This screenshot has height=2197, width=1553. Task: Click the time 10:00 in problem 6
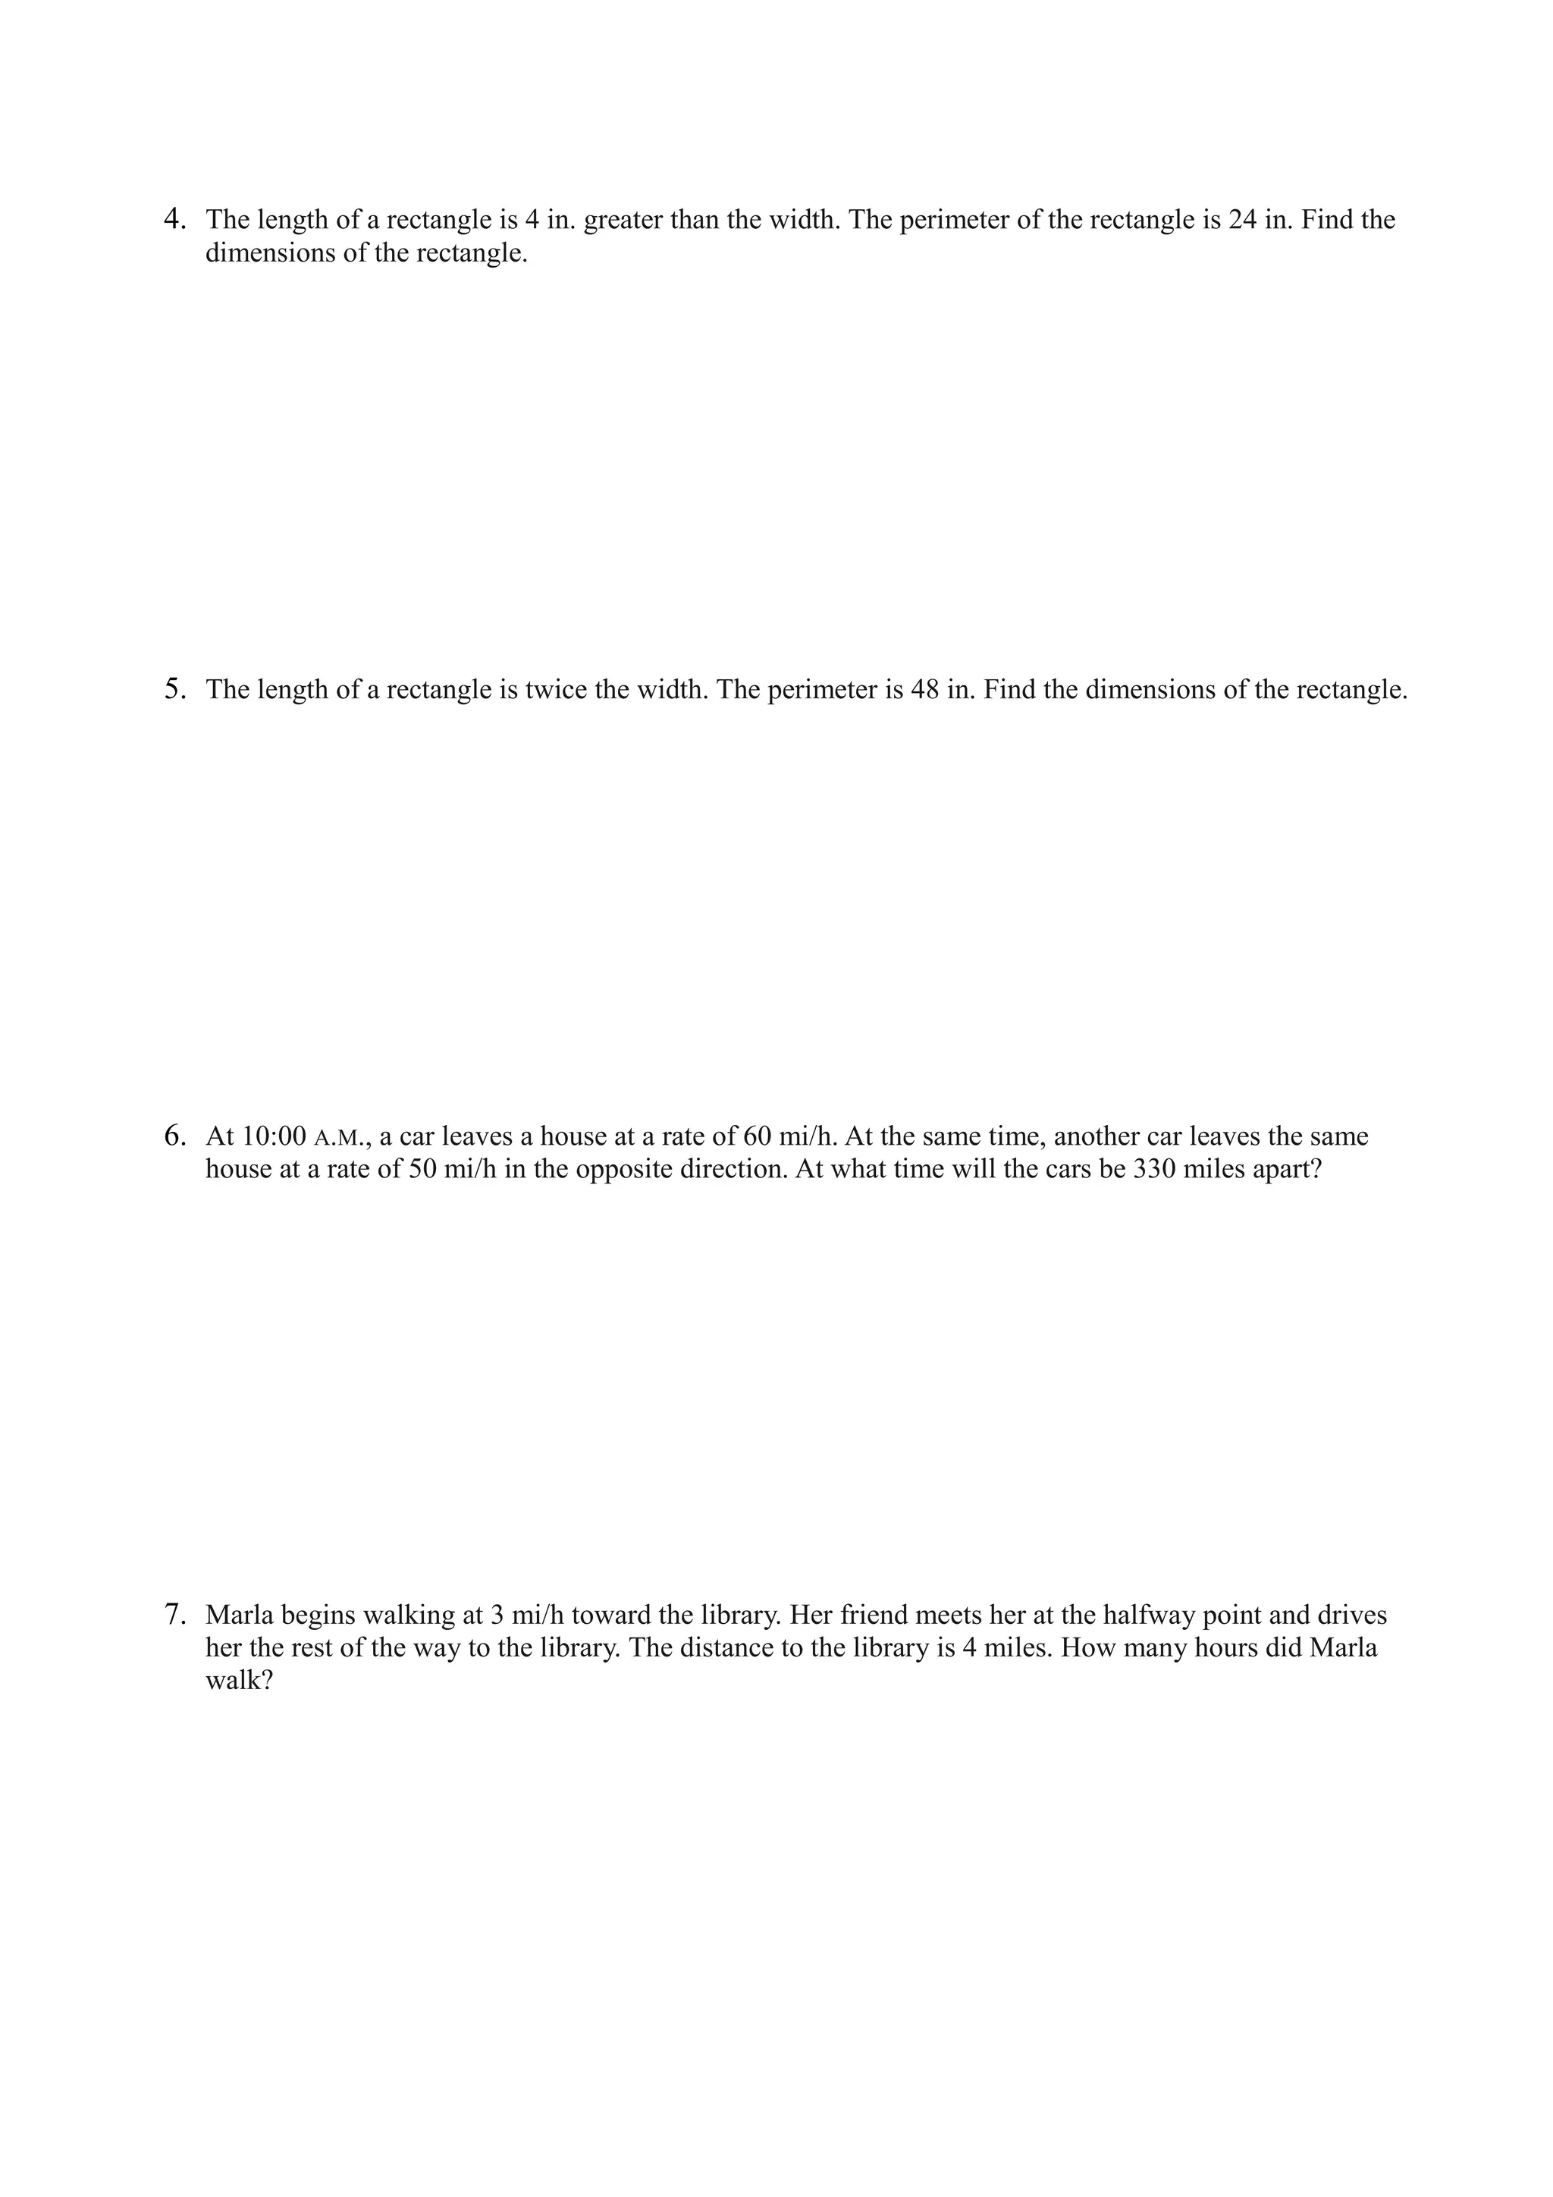point(274,1136)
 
